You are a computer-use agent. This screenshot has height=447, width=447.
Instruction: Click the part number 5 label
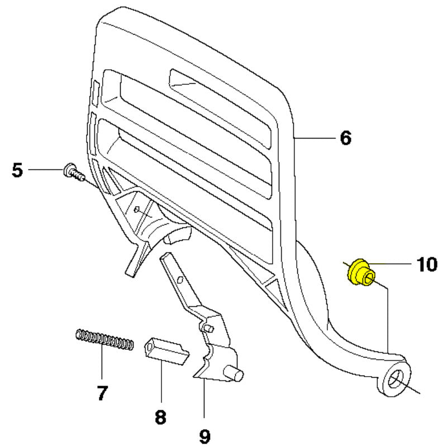(x=17, y=170)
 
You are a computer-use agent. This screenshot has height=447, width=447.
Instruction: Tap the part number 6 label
(x=345, y=138)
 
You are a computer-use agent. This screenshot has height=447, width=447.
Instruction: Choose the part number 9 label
(x=205, y=436)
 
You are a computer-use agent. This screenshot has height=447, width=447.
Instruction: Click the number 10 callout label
(x=427, y=264)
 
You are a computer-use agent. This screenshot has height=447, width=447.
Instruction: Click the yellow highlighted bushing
(x=361, y=272)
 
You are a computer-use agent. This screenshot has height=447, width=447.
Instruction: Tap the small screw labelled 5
(x=74, y=172)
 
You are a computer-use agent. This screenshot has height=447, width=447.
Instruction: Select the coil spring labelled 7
(x=104, y=340)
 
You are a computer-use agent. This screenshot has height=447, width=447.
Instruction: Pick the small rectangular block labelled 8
(x=165, y=351)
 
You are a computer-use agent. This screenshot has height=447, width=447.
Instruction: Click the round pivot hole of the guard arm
(x=396, y=379)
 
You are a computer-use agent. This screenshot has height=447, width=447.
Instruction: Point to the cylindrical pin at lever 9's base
(x=234, y=373)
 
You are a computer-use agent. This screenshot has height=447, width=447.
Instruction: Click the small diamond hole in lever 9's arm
(x=179, y=280)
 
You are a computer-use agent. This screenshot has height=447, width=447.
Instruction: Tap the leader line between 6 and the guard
(x=315, y=138)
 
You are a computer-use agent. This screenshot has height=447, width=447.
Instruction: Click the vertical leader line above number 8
(x=161, y=381)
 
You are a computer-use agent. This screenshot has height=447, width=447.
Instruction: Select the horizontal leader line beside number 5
(x=46, y=170)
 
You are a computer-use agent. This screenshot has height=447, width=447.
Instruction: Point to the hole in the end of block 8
(x=149, y=348)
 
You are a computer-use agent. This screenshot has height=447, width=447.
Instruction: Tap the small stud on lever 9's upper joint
(x=208, y=328)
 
